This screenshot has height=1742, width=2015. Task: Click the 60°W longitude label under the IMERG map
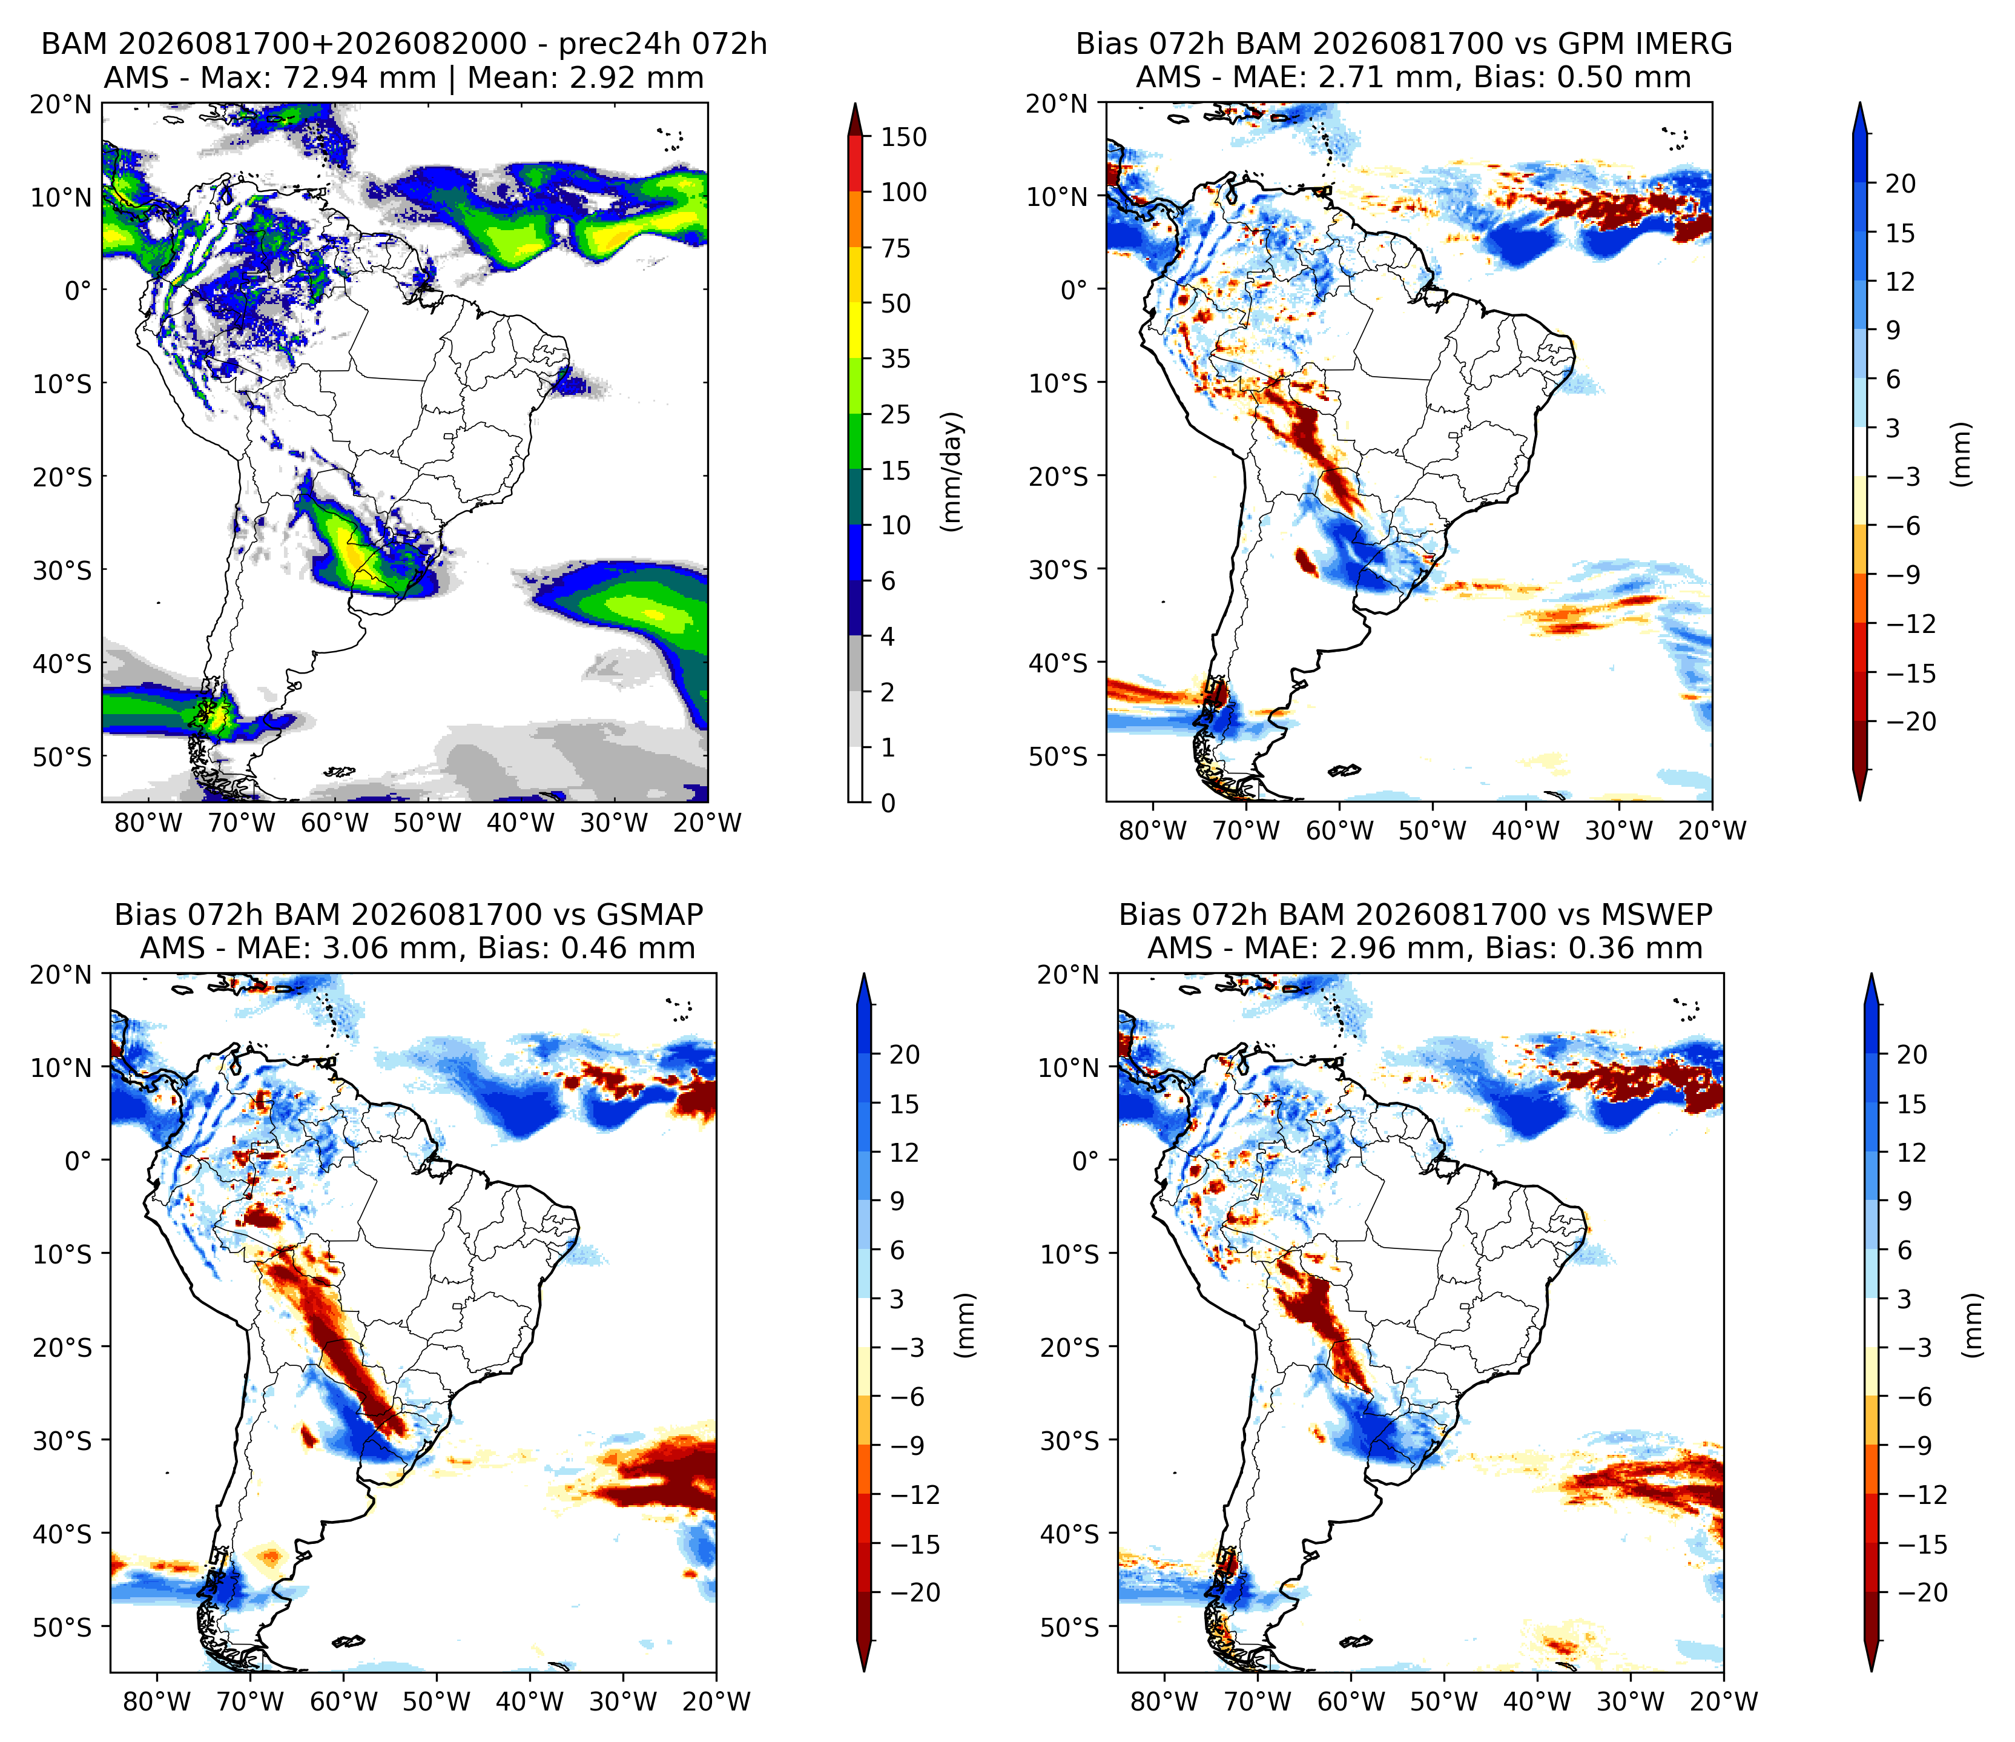pyautogui.click(x=1339, y=830)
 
